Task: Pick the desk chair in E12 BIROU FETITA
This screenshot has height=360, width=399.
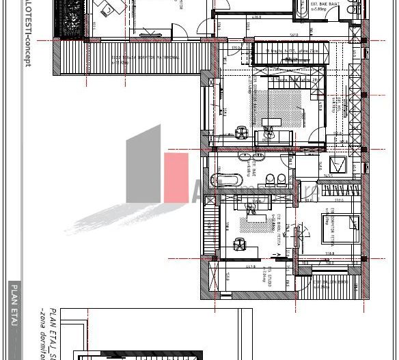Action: [239, 242]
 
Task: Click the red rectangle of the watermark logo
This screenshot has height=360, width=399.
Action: [176, 177]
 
